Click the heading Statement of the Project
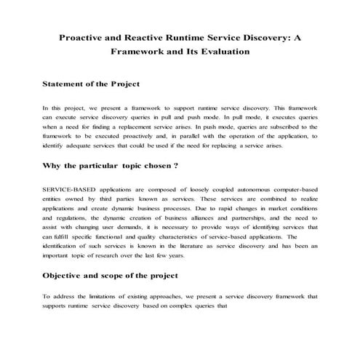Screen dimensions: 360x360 click(91, 84)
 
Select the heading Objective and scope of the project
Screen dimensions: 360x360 click(109, 276)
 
